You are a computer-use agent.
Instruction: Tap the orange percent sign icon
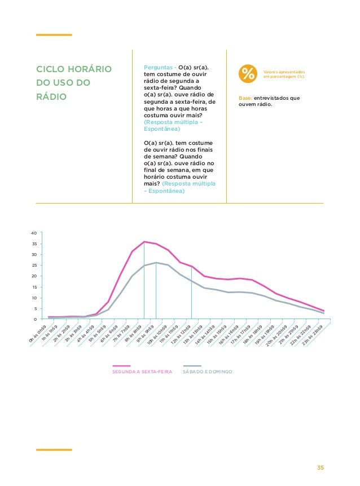(247, 73)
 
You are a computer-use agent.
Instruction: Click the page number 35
(321, 467)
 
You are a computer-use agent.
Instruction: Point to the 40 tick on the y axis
(33, 233)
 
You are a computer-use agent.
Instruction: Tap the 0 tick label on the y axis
(35, 320)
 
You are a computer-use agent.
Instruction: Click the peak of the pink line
(144, 242)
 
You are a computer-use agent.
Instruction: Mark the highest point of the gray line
(156, 263)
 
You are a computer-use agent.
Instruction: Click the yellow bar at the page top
(54, 35)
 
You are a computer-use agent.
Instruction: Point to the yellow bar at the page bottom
(54, 449)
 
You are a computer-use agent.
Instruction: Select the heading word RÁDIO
(51, 97)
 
